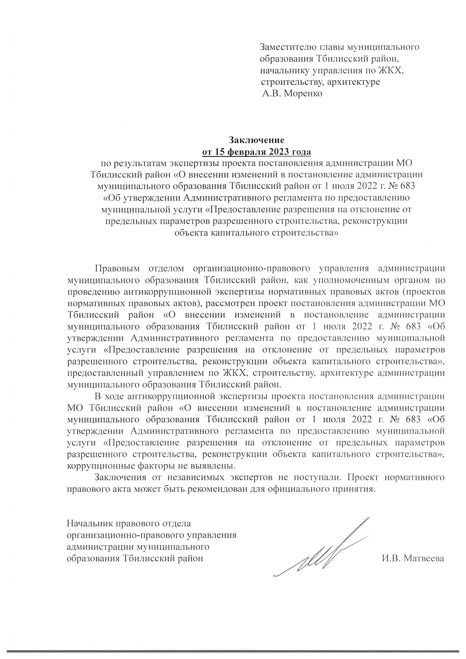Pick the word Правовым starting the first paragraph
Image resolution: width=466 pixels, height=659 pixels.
point(117,268)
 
